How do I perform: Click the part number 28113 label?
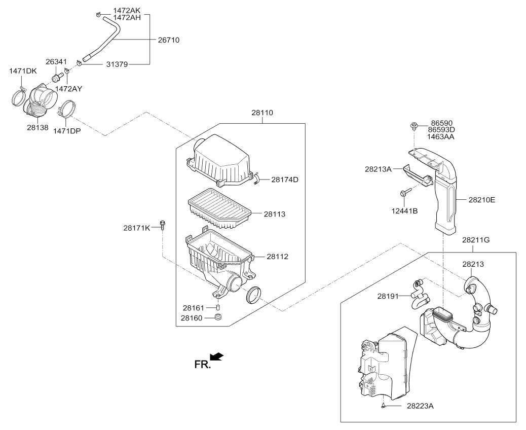click(x=275, y=214)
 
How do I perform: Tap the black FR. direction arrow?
click(x=217, y=357)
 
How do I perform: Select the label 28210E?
click(x=481, y=200)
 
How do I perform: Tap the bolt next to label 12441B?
click(x=405, y=193)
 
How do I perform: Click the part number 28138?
click(x=38, y=128)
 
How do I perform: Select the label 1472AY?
click(x=68, y=88)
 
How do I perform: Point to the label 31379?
click(x=117, y=64)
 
